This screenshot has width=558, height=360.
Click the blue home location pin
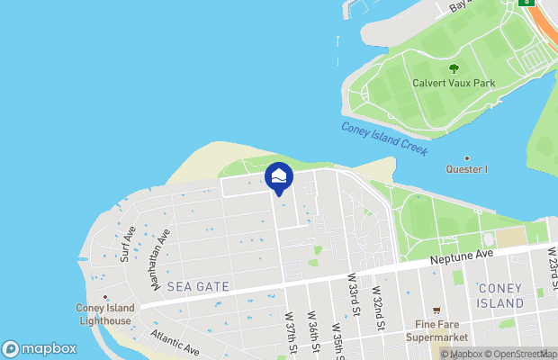[x=279, y=177]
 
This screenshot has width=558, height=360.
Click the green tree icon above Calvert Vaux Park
[x=454, y=67]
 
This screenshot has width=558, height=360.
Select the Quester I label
[x=467, y=169]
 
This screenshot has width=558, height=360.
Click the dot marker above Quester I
[x=467, y=158]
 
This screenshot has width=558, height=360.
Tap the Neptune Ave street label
[x=462, y=255]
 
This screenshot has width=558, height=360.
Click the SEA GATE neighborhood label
[x=199, y=286]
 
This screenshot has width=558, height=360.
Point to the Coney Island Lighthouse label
[x=104, y=314]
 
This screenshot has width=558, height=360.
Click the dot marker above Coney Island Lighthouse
[x=105, y=296]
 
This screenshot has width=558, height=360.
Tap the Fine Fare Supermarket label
[x=437, y=330]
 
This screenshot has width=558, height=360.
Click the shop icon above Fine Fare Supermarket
[x=437, y=310]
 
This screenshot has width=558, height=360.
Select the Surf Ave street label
[x=128, y=244]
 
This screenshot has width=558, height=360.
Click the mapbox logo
[x=40, y=349]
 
